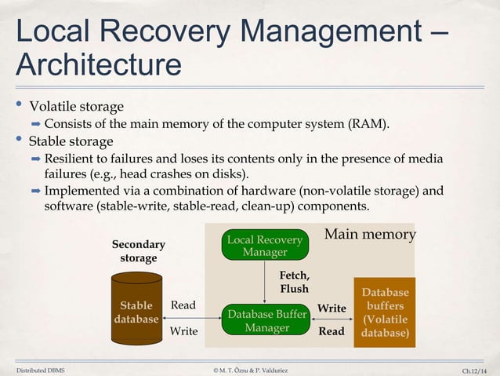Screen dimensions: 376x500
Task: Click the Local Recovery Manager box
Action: point(264,245)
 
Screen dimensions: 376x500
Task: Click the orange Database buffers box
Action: point(385,312)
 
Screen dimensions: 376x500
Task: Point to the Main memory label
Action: point(369,235)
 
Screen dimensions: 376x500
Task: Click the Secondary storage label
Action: point(138,251)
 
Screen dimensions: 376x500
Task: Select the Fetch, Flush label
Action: point(295,282)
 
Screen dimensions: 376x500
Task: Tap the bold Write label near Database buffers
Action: point(332,308)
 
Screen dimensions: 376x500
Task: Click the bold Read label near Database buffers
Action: point(332,331)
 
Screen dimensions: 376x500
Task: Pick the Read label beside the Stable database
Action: point(183,305)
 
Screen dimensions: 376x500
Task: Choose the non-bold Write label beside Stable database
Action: point(183,331)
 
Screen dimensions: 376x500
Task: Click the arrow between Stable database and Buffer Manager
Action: point(190,318)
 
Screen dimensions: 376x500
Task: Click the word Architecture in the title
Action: point(98,64)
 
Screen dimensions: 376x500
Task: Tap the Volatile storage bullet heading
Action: point(76,106)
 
